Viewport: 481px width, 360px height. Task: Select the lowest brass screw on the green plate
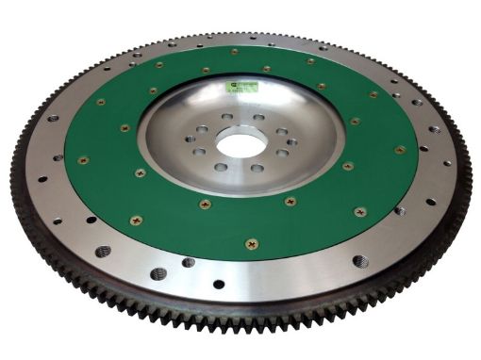click(251, 244)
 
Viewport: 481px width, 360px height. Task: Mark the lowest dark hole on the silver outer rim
click(218, 284)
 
